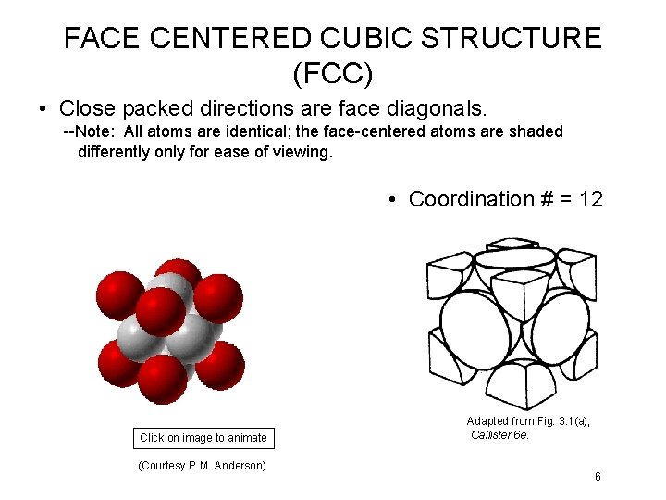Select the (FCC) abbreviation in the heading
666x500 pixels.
click(x=333, y=70)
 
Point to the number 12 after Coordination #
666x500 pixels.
click(x=590, y=199)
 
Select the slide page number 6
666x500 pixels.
click(x=598, y=477)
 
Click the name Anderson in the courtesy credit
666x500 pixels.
click(x=240, y=465)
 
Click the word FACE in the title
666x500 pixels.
click(x=102, y=38)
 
